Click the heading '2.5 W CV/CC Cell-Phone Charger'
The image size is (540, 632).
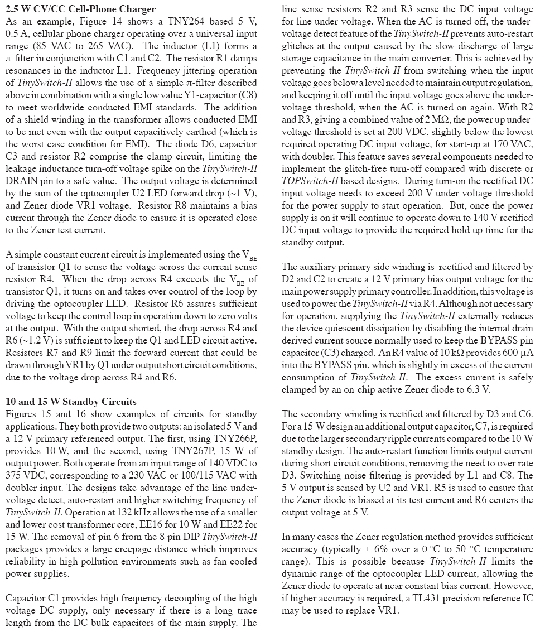pyautogui.click(x=80, y=9)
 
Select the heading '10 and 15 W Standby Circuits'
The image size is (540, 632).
pyautogui.click(x=71, y=402)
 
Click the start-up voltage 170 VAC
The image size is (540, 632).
pyautogui.click(x=514, y=144)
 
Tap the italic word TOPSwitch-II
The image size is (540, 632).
pyautogui.click(x=310, y=181)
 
